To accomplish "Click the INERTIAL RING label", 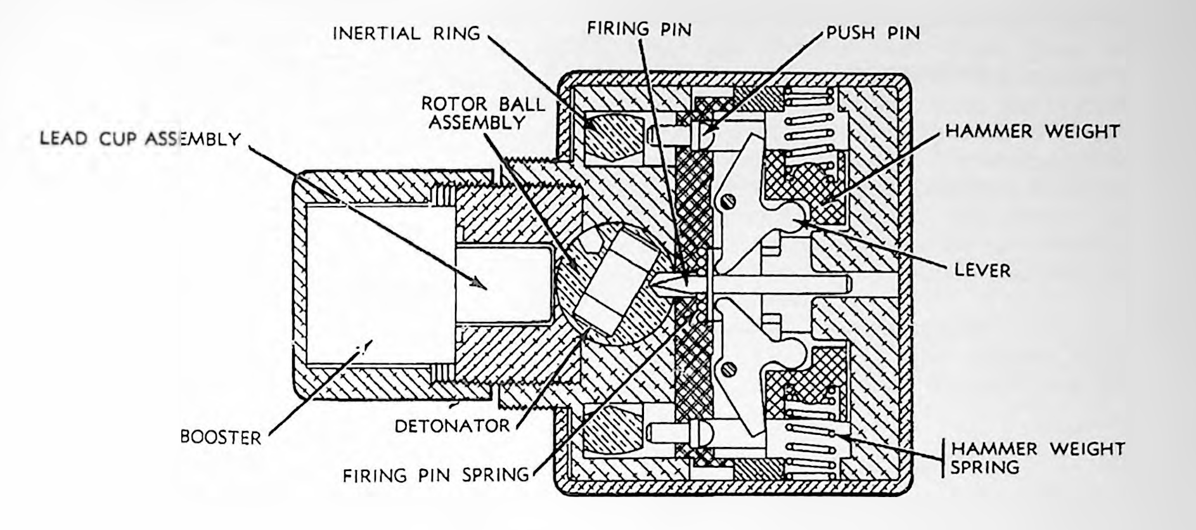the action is click(406, 33).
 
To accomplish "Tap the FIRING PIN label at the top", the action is click(639, 29).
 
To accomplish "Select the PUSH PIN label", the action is click(873, 33).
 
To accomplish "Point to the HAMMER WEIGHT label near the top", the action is click(1032, 131).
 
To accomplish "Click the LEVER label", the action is click(982, 271).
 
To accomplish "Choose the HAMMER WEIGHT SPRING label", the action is click(1037, 458).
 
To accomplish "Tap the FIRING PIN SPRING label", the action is click(436, 475).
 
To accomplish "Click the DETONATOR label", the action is click(452, 426).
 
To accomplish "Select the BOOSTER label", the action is click(221, 437).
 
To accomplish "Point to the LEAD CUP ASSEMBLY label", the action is click(140, 139).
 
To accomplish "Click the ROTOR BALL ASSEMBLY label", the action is click(483, 112).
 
